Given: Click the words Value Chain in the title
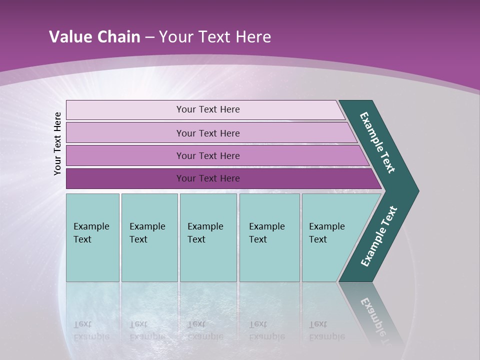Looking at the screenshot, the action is pyautogui.click(x=94, y=37).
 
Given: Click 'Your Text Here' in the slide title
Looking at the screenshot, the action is pyautogui.click(x=215, y=37).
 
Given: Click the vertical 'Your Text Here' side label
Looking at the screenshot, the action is pyautogui.click(x=57, y=143).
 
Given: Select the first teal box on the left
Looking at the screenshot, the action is pyautogui.click(x=92, y=237).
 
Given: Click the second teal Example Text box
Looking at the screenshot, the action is pyautogui.click(x=149, y=237).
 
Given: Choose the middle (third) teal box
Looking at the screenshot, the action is pyautogui.click(x=208, y=237).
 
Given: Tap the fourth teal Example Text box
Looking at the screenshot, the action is pyautogui.click(x=269, y=237).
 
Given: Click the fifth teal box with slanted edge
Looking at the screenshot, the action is pyautogui.click(x=330, y=237).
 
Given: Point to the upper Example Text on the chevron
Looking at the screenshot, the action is pyautogui.click(x=377, y=143).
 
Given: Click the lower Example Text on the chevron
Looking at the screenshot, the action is pyautogui.click(x=378, y=236).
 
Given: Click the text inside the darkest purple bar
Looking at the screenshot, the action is pyautogui.click(x=208, y=178).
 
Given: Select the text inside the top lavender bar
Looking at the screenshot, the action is pyautogui.click(x=208, y=109).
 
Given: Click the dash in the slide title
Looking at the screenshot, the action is pyautogui.click(x=149, y=37).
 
